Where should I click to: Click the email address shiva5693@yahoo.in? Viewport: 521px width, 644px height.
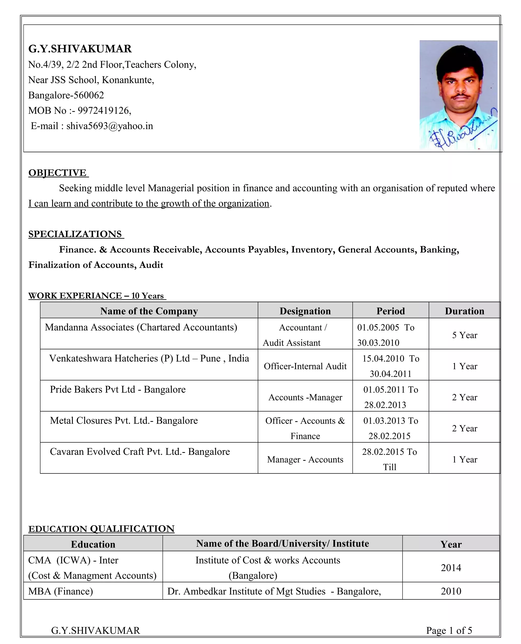110,126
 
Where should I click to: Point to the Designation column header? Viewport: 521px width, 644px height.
305,311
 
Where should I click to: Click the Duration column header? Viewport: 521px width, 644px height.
464,311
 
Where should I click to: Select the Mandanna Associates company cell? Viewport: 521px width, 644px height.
141,327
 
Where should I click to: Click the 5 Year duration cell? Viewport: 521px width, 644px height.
464,335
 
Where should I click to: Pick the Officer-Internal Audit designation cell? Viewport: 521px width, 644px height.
305,366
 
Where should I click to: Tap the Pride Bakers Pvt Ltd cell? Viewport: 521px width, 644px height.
118,389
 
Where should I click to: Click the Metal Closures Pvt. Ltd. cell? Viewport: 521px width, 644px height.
124,421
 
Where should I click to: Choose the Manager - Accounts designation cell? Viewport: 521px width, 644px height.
305,459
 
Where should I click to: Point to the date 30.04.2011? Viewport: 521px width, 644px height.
390,374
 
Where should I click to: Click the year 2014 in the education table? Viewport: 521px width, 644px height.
451,568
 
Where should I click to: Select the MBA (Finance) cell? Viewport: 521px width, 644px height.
61,591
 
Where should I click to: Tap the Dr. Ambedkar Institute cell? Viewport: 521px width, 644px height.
274,591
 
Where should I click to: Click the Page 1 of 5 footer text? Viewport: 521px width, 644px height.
449,630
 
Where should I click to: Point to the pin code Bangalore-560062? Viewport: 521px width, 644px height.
66,95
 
